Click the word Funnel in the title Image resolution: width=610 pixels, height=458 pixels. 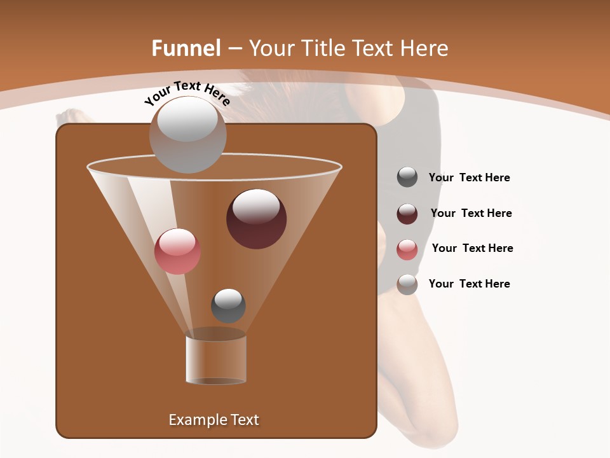pyautogui.click(x=186, y=48)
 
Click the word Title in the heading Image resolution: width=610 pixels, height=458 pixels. pyautogui.click(x=322, y=48)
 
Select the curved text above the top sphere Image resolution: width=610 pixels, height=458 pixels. pyautogui.click(x=187, y=93)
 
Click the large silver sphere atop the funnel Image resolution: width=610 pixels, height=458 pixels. pyautogui.click(x=187, y=134)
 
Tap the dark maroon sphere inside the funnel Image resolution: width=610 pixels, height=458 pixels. pyautogui.click(x=256, y=219)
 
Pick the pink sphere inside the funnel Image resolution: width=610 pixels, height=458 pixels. pyautogui.click(x=177, y=251)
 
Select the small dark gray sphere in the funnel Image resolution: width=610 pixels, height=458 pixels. pyautogui.click(x=228, y=305)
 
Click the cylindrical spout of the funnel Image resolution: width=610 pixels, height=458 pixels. pyautogui.click(x=216, y=359)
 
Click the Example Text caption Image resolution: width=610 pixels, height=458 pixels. pyautogui.click(x=213, y=420)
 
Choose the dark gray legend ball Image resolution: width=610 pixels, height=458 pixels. pyautogui.click(x=407, y=177)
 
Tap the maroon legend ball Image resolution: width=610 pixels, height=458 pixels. pyautogui.click(x=407, y=214)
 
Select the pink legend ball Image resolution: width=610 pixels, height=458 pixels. pyautogui.click(x=407, y=249)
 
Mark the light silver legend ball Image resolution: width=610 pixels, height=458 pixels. pyautogui.click(x=407, y=284)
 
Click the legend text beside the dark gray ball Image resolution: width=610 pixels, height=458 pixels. pyautogui.click(x=469, y=177)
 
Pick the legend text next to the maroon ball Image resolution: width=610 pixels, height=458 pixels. pyautogui.click(x=471, y=213)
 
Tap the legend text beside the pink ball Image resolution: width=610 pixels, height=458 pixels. pyautogui.click(x=472, y=248)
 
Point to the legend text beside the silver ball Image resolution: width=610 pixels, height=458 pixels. pyautogui.click(x=469, y=284)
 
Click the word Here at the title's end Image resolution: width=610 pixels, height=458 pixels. pyautogui.click(x=423, y=48)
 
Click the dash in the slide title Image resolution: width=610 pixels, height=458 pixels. pyautogui.click(x=234, y=48)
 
